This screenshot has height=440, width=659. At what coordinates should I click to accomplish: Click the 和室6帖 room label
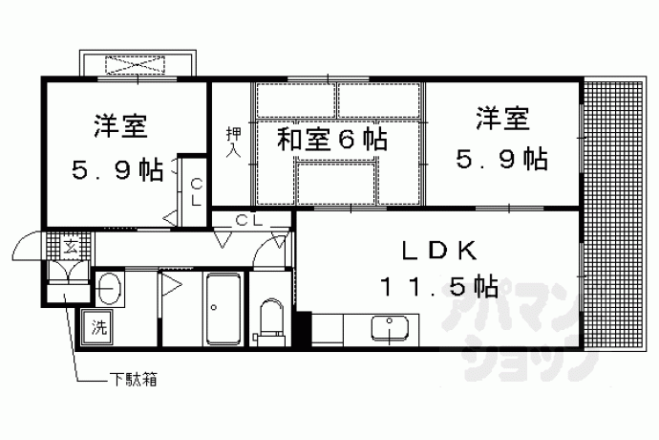click(x=331, y=139)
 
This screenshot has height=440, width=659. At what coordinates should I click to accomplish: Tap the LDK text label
click(x=439, y=252)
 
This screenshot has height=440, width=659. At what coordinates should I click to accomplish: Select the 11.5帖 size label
click(x=439, y=287)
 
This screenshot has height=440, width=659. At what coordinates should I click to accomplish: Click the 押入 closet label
click(x=233, y=142)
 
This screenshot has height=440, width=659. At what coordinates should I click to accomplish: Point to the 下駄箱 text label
click(x=134, y=380)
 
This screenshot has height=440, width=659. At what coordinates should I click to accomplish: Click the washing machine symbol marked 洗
click(x=98, y=327)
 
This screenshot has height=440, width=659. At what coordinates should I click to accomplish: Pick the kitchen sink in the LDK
click(x=390, y=328)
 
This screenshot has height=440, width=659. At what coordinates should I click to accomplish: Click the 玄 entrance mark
click(x=70, y=247)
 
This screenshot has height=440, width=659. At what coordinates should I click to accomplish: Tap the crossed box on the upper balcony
click(x=135, y=64)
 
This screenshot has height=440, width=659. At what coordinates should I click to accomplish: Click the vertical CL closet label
click(x=196, y=192)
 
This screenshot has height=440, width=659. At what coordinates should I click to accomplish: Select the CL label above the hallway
click(x=249, y=220)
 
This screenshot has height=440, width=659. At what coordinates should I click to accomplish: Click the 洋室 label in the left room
click(x=120, y=124)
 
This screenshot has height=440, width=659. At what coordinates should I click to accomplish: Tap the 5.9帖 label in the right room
click(x=501, y=160)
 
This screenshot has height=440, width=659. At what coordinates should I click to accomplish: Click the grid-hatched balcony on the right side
click(x=613, y=214)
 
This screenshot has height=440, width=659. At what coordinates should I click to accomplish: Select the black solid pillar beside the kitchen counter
click(x=304, y=329)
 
